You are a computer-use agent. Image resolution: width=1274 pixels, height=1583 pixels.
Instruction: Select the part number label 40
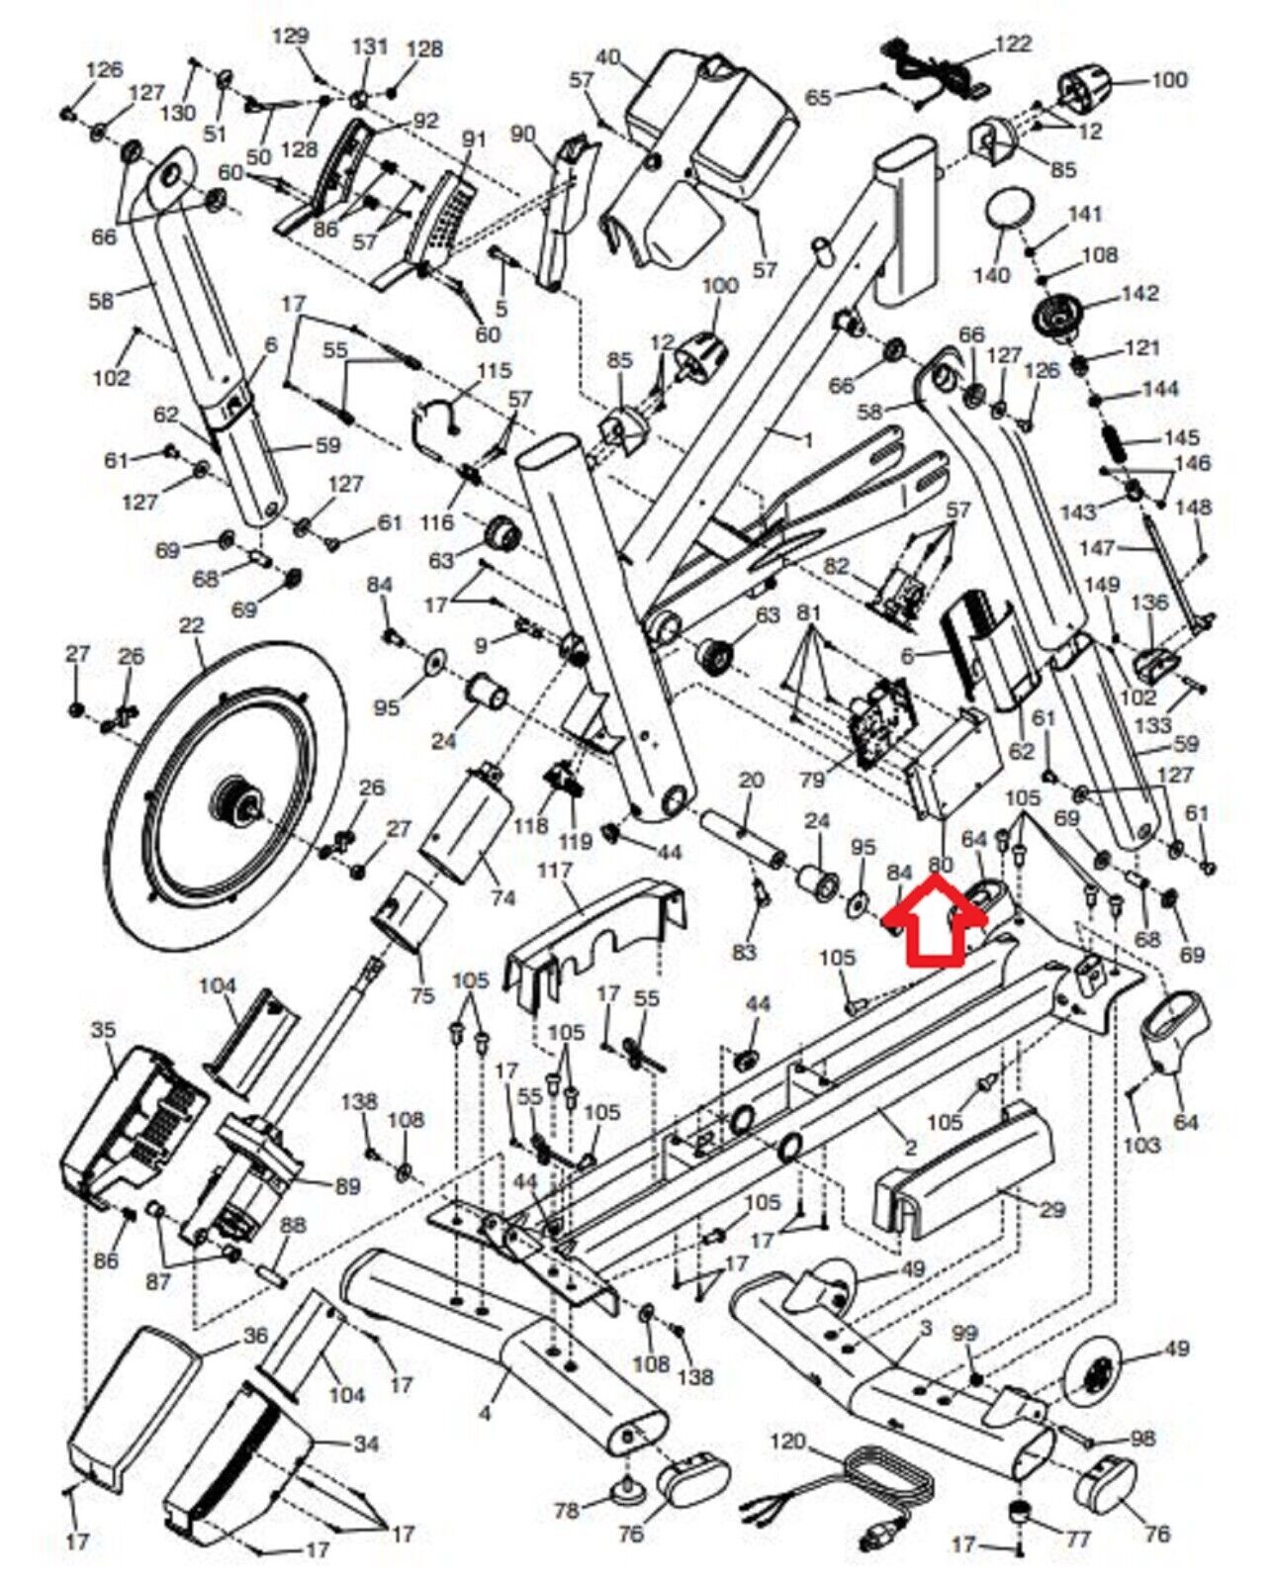coord(608,56)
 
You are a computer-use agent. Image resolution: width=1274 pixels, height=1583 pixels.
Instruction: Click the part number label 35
coord(104,1031)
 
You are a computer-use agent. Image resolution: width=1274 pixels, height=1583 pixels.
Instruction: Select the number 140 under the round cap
coord(992,275)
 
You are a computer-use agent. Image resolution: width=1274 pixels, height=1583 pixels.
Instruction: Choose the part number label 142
coord(1139,294)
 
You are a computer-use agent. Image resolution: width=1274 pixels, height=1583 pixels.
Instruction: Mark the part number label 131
coord(370,47)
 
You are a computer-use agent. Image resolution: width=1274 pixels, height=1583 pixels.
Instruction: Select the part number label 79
coord(811,780)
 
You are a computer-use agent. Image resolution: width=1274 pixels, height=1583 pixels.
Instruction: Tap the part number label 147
coord(1099,549)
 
